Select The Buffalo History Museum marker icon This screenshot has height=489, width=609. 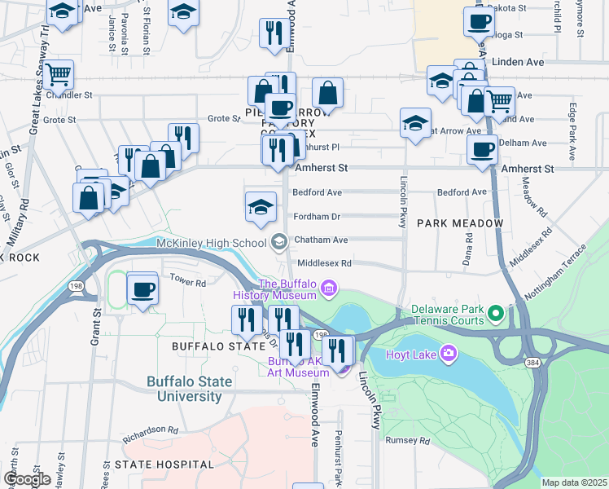(x=328, y=287)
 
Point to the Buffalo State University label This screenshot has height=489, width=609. (x=189, y=389)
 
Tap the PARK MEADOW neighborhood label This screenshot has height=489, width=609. (x=460, y=222)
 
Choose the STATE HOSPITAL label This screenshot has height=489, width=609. (x=164, y=465)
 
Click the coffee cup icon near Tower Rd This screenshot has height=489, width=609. (x=143, y=289)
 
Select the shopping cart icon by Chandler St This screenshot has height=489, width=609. (x=59, y=75)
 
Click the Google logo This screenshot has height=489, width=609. (x=27, y=479)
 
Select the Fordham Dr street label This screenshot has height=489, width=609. (x=317, y=217)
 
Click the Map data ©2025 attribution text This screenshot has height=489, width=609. (x=574, y=482)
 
